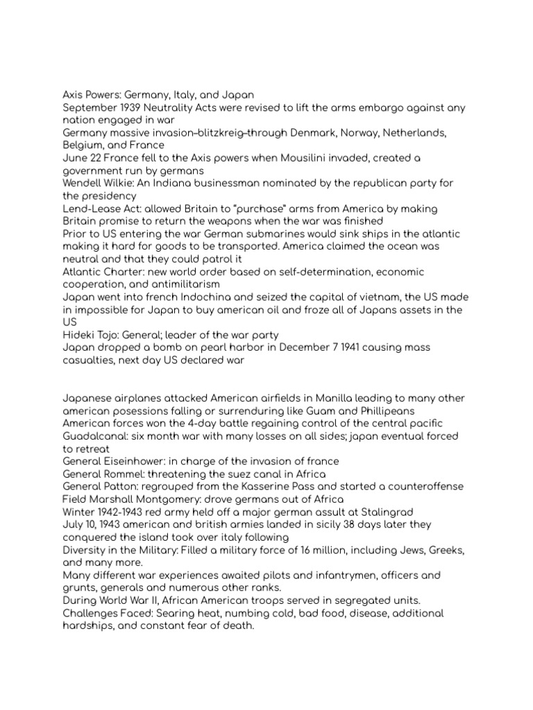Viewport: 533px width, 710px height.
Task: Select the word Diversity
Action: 87,550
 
